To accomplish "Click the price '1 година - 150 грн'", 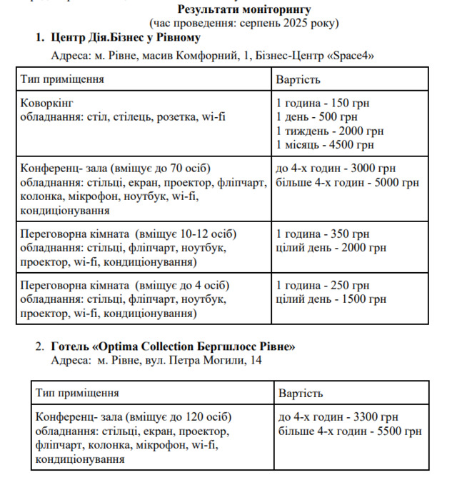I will coord(323,103).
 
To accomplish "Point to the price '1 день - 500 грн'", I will coord(316,117).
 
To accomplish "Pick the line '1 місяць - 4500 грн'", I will coord(326,146).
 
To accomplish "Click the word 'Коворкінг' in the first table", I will coord(47,103).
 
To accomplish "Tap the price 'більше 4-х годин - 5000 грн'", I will coord(347,183).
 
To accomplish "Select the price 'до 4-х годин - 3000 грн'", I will coord(335,169).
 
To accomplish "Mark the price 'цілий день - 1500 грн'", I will coord(331,299).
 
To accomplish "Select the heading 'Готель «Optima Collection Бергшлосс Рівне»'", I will coord(174,346).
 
